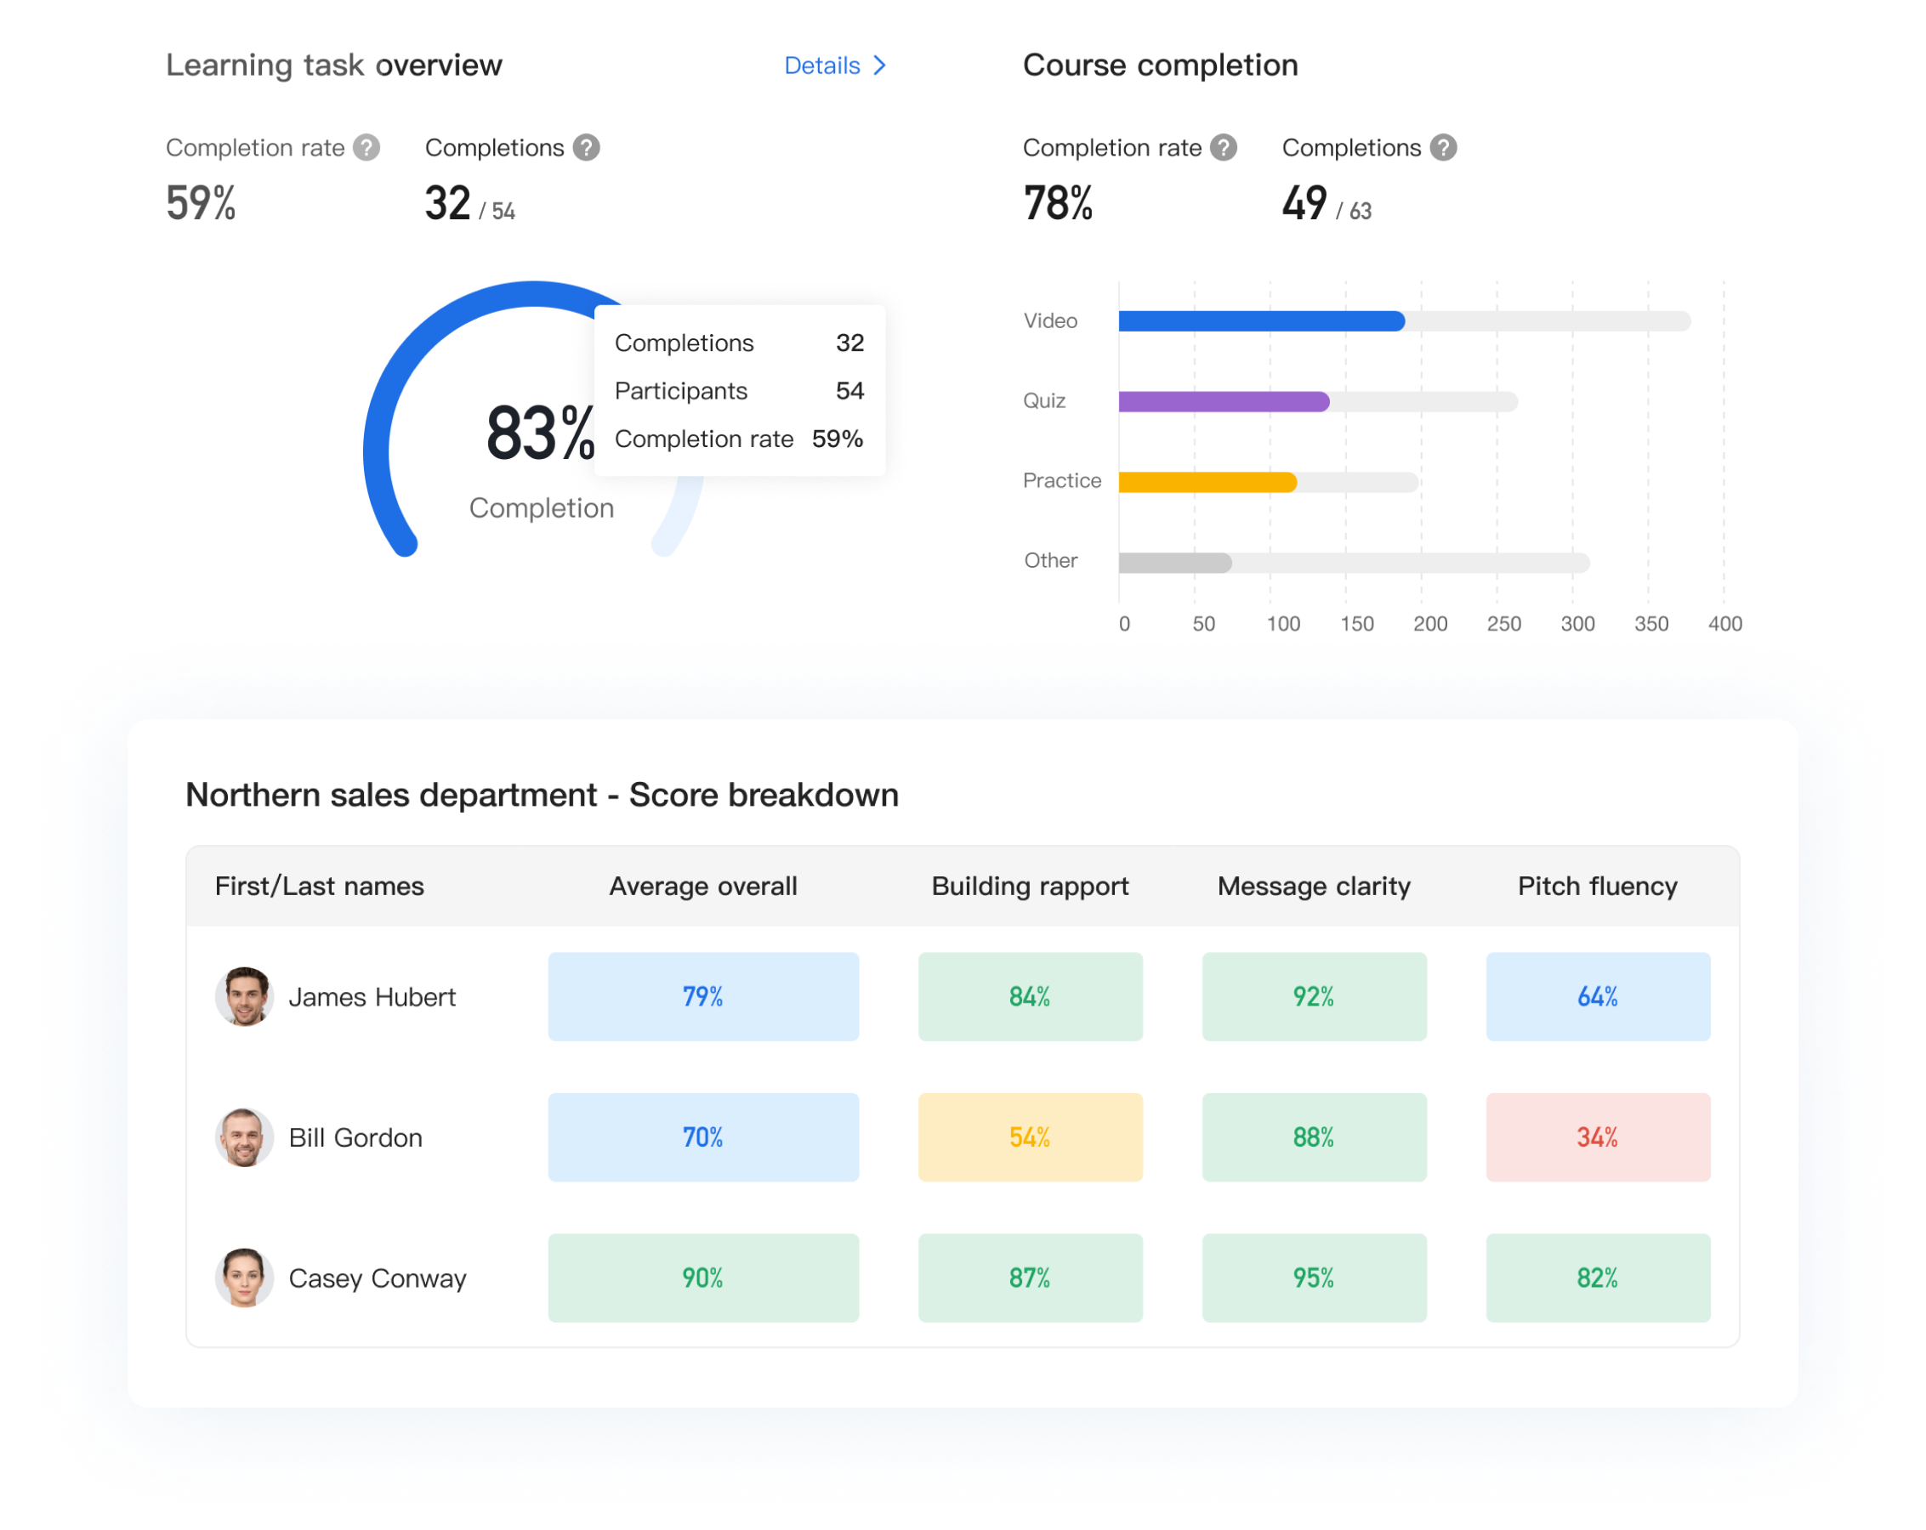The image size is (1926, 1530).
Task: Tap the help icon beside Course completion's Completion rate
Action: tap(1223, 147)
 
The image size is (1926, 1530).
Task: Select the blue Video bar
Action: tap(1259, 320)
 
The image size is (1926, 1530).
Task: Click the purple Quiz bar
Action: tap(1222, 401)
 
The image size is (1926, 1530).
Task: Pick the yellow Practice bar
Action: tap(1206, 481)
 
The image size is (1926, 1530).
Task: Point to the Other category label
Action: tap(1049, 560)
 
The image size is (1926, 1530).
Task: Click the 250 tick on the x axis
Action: tap(1503, 623)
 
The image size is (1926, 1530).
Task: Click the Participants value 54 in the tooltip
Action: tap(849, 390)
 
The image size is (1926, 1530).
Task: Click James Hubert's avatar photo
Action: tap(243, 996)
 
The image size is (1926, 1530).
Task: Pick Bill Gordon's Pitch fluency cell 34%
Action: tap(1597, 1137)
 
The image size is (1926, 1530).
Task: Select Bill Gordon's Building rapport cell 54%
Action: tap(1029, 1137)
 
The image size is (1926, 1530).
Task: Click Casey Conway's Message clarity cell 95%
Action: tap(1313, 1278)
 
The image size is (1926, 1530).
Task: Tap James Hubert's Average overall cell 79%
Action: tap(702, 996)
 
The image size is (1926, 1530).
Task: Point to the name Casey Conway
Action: tap(377, 1278)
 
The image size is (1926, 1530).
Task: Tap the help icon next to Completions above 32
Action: tap(586, 147)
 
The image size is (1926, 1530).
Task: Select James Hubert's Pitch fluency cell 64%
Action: tap(1597, 996)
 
